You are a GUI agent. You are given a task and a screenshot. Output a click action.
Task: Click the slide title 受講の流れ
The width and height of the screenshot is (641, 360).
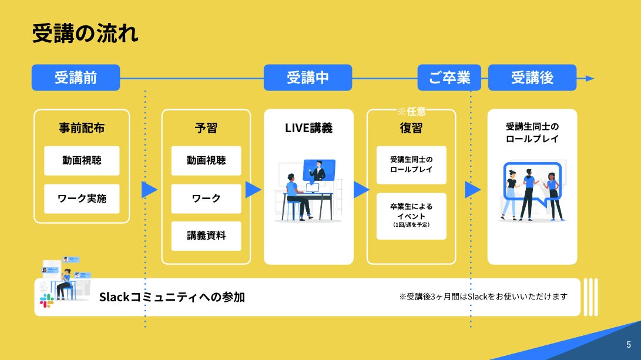[x=85, y=33]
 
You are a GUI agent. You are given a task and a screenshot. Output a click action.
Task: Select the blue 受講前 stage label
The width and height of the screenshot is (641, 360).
[x=76, y=78]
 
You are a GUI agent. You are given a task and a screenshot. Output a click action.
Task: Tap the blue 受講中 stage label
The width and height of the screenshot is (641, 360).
[x=308, y=78]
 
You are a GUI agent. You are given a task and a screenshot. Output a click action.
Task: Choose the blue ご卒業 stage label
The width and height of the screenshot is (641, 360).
[x=449, y=78]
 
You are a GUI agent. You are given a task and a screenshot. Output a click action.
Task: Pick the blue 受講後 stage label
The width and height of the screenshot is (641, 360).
[x=532, y=78]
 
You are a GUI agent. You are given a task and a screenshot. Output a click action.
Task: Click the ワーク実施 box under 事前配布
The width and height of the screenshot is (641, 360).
[x=82, y=198]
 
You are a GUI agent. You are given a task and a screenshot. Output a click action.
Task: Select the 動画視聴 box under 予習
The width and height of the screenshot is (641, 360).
[x=206, y=160]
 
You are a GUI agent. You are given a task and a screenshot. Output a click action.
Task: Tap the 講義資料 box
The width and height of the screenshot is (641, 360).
[x=206, y=236]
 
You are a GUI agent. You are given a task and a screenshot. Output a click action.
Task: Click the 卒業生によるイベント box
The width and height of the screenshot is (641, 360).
[x=411, y=216]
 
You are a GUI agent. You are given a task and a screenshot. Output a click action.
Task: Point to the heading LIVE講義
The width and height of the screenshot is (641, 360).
[x=308, y=127]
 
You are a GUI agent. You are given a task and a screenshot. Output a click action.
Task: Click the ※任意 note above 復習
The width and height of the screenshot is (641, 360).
[x=411, y=110]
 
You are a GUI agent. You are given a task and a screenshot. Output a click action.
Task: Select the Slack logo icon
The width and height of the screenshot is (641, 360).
[x=46, y=301]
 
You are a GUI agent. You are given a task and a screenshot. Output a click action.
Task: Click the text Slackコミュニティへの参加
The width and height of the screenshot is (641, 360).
[x=172, y=297]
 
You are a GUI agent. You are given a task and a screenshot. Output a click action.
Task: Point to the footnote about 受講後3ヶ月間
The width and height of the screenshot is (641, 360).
[x=483, y=297]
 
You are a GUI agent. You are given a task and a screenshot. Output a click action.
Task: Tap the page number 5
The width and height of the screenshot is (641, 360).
[x=628, y=345]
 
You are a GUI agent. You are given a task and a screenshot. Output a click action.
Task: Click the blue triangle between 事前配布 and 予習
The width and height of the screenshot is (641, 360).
[x=149, y=190]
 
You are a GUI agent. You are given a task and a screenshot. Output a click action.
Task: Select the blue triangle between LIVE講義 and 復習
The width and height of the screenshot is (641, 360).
[x=361, y=190]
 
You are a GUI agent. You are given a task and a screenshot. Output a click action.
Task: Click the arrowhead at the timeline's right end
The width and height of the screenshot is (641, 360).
[x=590, y=78]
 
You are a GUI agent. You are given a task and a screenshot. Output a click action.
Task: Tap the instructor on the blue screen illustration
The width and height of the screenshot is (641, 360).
[x=319, y=171]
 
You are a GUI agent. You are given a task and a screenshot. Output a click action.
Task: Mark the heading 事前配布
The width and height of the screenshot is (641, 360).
[x=82, y=127]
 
